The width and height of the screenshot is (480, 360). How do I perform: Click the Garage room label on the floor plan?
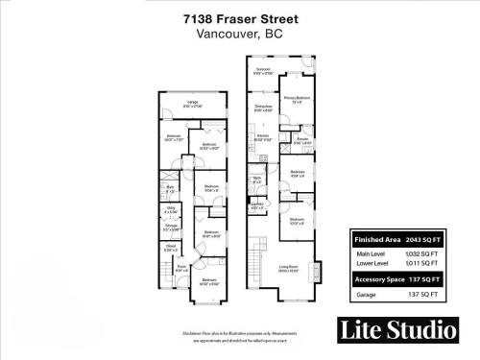click(x=192, y=104)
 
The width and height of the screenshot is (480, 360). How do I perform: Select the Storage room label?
click(x=170, y=228)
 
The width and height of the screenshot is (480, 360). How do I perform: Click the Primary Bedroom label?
click(x=296, y=99)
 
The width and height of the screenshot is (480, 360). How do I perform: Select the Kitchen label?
click(x=264, y=137)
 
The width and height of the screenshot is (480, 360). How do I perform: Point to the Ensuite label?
click(x=300, y=140)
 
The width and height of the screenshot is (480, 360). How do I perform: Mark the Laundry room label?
click(x=256, y=204)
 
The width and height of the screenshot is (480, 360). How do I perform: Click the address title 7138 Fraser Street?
click(x=239, y=19)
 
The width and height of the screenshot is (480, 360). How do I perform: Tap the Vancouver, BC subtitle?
click(x=239, y=36)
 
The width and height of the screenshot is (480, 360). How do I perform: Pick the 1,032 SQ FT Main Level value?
click(x=423, y=252)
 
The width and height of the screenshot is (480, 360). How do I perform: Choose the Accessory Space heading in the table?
click(x=377, y=278)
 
